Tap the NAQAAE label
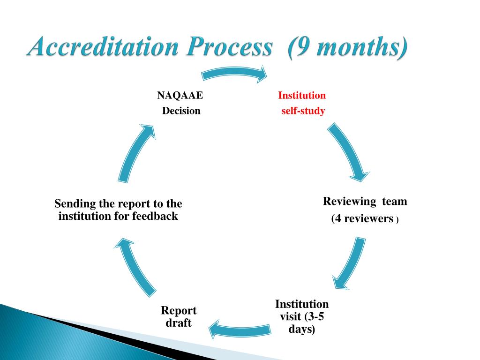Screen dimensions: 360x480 pos(180,96)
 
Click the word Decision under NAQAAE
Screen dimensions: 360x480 pos(181,111)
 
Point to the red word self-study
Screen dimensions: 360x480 pos(303,111)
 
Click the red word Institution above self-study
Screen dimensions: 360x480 pos(302,96)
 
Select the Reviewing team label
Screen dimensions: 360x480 pos(365,202)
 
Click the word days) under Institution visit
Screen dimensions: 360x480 pos(302,329)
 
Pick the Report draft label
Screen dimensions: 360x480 pos(179,316)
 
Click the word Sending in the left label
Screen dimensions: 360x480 pos(75,204)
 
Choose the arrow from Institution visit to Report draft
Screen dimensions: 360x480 pos(239,329)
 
